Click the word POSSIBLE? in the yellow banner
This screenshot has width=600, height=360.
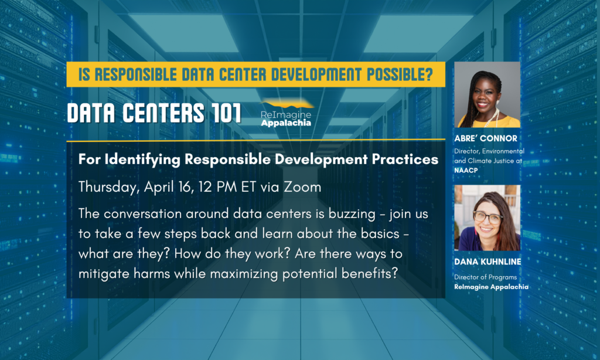[x=400, y=74]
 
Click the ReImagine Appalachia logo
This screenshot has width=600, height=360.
[x=286, y=113]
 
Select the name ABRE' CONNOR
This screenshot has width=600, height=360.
[x=486, y=138]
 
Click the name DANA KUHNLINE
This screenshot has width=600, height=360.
[x=487, y=261]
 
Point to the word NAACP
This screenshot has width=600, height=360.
[x=466, y=170]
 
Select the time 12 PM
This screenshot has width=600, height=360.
[x=218, y=187]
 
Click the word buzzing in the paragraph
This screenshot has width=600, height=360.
[x=352, y=213]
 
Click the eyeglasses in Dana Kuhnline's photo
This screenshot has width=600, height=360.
[x=488, y=217]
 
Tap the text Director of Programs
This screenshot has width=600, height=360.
[x=485, y=277]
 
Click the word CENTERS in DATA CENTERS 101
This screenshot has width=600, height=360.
[x=163, y=113]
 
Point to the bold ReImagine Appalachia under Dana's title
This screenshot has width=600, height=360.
[x=492, y=287]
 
